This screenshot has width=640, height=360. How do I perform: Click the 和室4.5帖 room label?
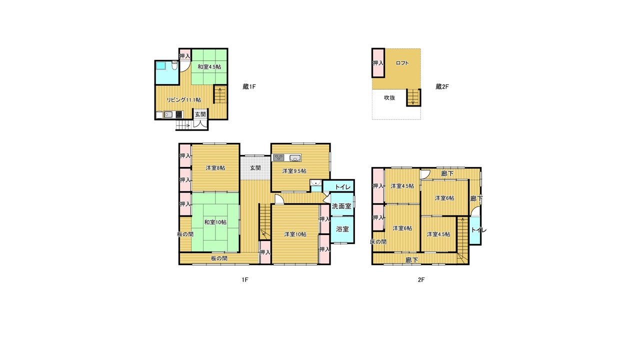pyautogui.click(x=209, y=67)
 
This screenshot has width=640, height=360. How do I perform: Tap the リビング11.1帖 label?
pyautogui.click(x=183, y=99)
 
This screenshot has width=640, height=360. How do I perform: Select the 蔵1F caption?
pyautogui.click(x=249, y=86)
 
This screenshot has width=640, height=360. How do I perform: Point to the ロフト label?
pyautogui.click(x=402, y=63)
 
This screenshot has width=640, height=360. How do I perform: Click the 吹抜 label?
pyautogui.click(x=389, y=97)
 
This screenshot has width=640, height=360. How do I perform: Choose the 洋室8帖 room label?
pyautogui.click(x=215, y=168)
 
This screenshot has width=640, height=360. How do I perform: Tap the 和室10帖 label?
pyautogui.click(x=215, y=222)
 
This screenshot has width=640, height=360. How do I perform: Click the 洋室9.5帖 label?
pyautogui.click(x=294, y=171)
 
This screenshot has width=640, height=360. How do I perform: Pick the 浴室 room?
pyautogui.click(x=342, y=229)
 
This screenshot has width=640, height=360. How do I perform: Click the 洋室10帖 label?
pyautogui.click(x=295, y=234)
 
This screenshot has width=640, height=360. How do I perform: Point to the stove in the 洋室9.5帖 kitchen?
pyautogui.click(x=278, y=157)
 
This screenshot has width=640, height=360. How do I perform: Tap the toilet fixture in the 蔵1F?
pyautogui.click(x=175, y=66)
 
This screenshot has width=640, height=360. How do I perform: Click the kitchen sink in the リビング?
pyautogui.click(x=168, y=115)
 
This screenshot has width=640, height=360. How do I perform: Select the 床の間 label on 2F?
pyautogui.click(x=378, y=241)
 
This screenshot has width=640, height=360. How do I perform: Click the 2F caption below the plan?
pyautogui.click(x=421, y=280)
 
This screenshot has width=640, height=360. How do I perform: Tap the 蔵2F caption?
pyautogui.click(x=442, y=86)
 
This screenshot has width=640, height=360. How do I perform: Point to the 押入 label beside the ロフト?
pyautogui.click(x=378, y=63)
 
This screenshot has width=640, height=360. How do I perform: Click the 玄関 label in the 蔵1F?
pyautogui.click(x=200, y=114)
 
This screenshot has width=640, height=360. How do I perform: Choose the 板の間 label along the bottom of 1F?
pyautogui.click(x=219, y=258)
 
